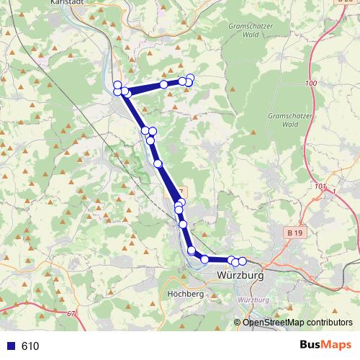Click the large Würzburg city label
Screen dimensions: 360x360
[240, 276]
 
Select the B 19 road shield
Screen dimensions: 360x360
[293, 233]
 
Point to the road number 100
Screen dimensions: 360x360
[311, 84]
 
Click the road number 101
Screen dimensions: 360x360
[320, 186]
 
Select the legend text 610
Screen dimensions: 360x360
[30, 346]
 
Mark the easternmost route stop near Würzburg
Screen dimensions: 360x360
[242, 261]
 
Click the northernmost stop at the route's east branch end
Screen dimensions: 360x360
[190, 78]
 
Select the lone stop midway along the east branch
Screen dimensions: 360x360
[164, 84]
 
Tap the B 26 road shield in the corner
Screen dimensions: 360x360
[344, 3]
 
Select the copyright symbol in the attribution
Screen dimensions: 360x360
[238, 322]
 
